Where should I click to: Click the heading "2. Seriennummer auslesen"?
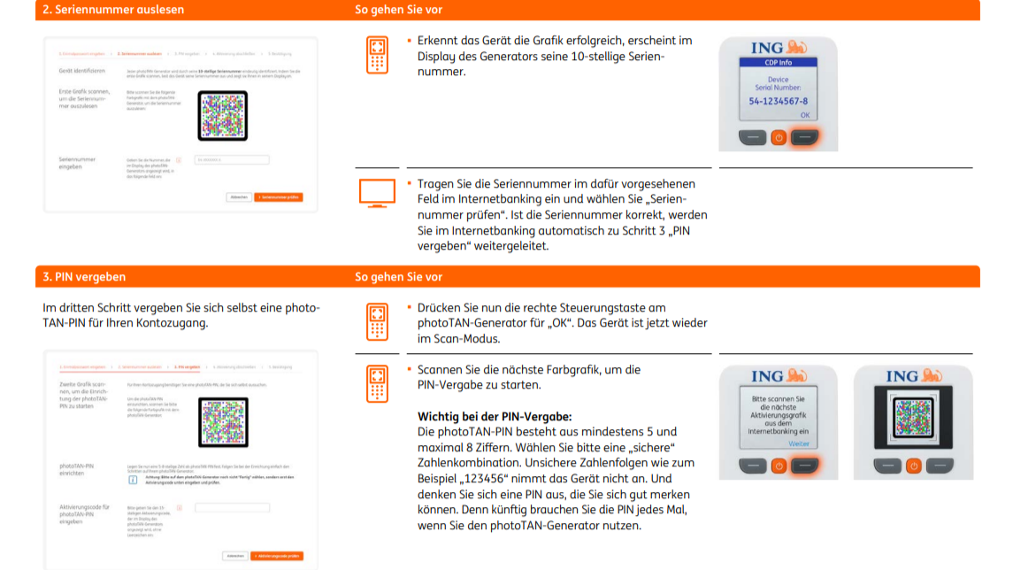pyautogui.click(x=114, y=10)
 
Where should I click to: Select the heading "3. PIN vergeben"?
pyautogui.click(x=84, y=277)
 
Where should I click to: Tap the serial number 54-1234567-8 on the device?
pyautogui.click(x=778, y=101)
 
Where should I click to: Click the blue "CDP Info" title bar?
pyautogui.click(x=778, y=63)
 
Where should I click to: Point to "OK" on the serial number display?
pyautogui.click(x=804, y=115)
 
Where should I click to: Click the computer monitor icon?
pyautogui.click(x=377, y=192)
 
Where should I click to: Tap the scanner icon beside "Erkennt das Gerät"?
pyautogui.click(x=377, y=55)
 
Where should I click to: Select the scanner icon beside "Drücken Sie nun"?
pyautogui.click(x=377, y=322)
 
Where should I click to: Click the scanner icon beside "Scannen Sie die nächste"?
pyautogui.click(x=377, y=384)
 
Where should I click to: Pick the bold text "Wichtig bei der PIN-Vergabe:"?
pyautogui.click(x=495, y=416)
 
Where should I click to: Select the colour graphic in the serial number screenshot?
pyautogui.click(x=222, y=116)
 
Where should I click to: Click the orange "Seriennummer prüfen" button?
pyautogui.click(x=278, y=197)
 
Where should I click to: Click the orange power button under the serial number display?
pyautogui.click(x=779, y=138)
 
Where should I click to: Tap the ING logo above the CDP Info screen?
pyautogui.click(x=778, y=47)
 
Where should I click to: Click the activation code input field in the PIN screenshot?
pyautogui.click(x=231, y=508)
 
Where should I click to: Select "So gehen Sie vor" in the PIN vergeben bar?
pyautogui.click(x=398, y=277)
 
